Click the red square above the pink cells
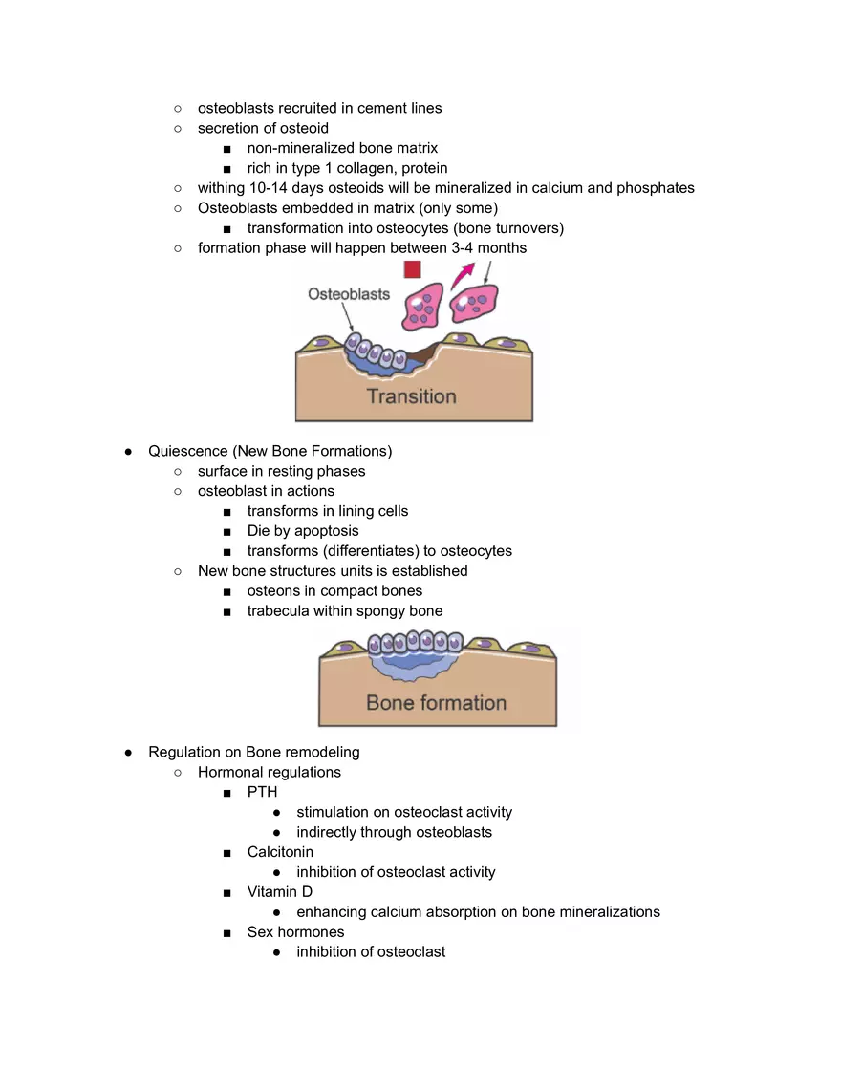(412, 269)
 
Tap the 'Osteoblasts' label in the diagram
(349, 294)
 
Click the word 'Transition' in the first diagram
(412, 396)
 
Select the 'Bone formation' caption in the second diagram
(436, 703)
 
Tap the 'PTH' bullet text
(262, 792)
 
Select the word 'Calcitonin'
(280, 852)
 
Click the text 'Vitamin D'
(279, 892)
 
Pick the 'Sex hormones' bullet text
(295, 932)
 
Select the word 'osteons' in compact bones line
(274, 591)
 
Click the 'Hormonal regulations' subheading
(269, 772)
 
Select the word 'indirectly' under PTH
(326, 832)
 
